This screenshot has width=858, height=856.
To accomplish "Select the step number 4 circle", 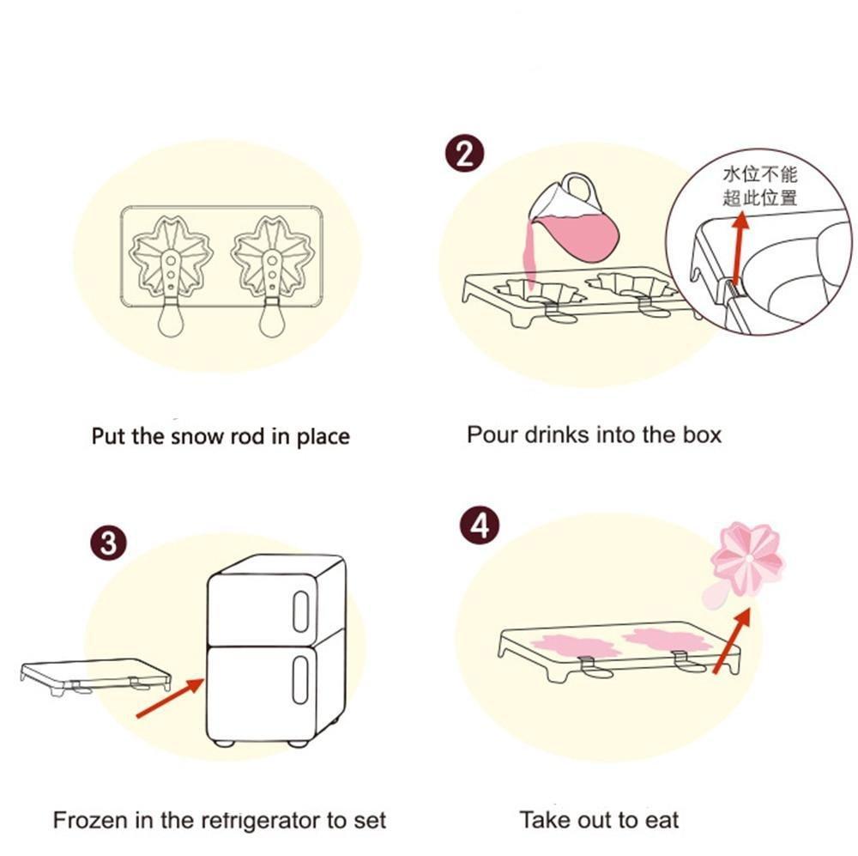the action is [480, 525].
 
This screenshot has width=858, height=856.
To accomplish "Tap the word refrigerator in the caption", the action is [261, 821].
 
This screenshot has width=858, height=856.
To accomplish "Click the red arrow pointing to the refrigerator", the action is [170, 697].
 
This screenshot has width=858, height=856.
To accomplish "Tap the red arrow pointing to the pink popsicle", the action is [732, 640].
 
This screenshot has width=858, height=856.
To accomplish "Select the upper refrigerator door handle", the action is [300, 611].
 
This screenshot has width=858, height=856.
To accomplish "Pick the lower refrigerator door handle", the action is [300, 680].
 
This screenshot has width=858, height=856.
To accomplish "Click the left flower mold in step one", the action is [171, 258].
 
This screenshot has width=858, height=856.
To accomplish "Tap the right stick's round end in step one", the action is [272, 322].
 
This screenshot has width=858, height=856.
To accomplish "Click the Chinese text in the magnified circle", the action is [759, 187].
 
